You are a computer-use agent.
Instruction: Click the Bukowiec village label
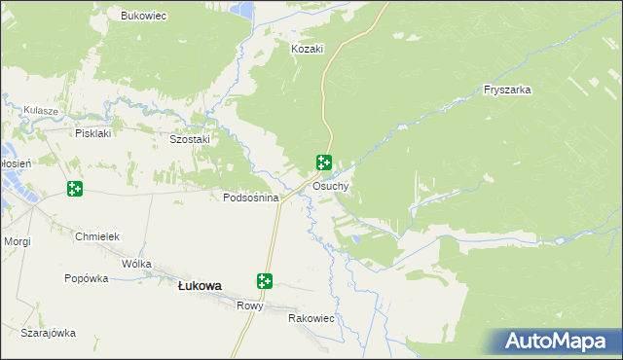(x=143, y=16)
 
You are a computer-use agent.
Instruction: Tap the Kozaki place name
(x=307, y=48)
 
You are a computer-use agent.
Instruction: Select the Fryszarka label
(x=506, y=90)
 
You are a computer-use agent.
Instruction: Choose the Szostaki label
(x=190, y=139)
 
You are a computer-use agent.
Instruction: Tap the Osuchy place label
(x=331, y=186)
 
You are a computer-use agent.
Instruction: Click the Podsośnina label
(x=251, y=198)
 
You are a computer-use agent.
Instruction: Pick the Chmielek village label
(x=96, y=236)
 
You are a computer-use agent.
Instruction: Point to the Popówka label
(x=86, y=278)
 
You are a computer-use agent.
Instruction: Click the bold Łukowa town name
(x=200, y=285)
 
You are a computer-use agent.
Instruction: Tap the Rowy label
(x=250, y=306)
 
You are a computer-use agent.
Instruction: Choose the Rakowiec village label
(x=311, y=318)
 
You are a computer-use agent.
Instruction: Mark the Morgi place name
(x=18, y=240)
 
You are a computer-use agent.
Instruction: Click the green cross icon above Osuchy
(x=324, y=163)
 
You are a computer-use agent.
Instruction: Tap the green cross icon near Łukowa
(x=264, y=281)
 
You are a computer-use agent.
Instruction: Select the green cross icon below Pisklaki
(x=75, y=188)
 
